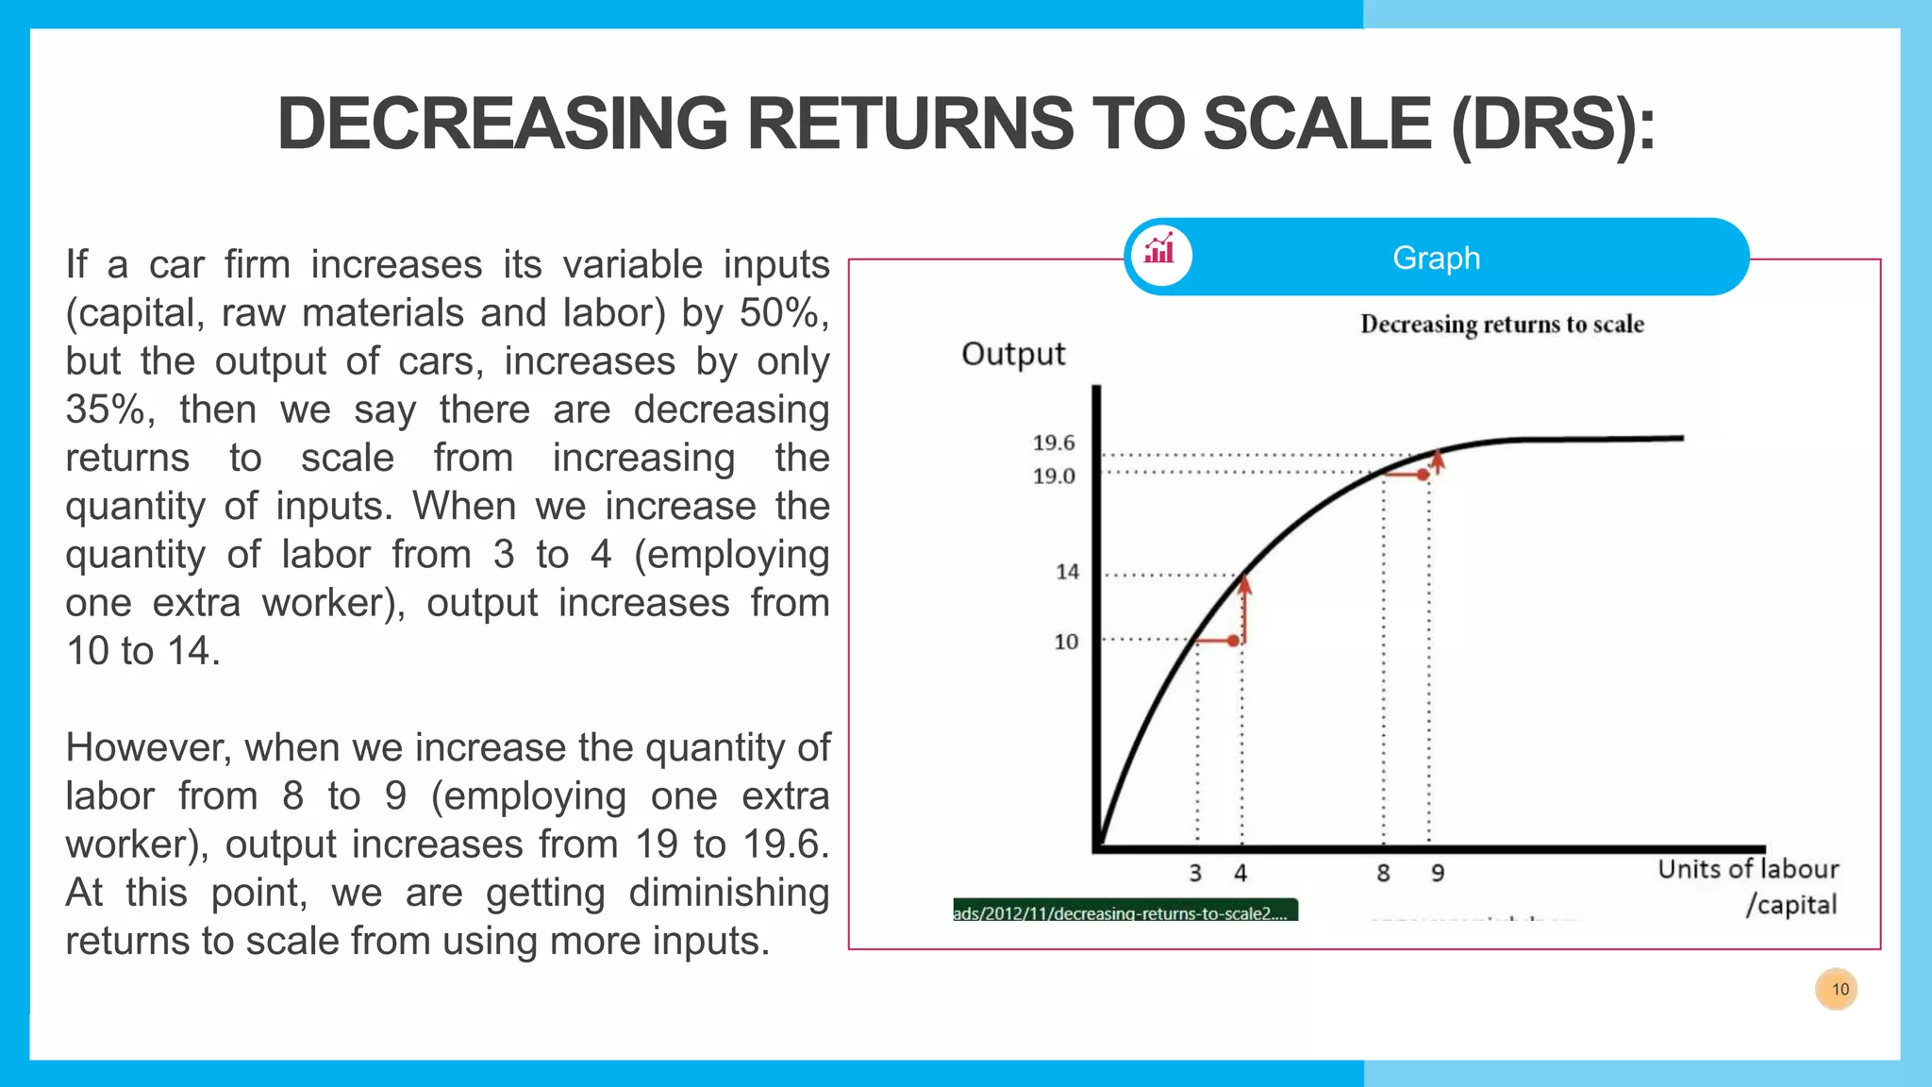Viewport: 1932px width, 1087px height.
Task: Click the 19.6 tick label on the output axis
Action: (1053, 443)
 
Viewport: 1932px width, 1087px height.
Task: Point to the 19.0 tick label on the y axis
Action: (1053, 476)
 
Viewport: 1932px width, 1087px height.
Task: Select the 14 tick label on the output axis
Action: (1066, 572)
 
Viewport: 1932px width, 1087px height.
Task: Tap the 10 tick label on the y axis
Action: (1065, 642)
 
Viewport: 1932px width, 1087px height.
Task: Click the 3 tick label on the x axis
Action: (1195, 873)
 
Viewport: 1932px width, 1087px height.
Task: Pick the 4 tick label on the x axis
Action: (1241, 873)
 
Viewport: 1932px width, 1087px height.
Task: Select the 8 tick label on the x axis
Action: (1383, 873)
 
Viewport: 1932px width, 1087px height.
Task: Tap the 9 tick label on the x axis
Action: (1437, 873)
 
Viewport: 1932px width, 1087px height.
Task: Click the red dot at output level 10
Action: (1233, 641)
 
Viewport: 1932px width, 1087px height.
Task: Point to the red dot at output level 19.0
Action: (1423, 475)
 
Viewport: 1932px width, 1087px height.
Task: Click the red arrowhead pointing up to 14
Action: (1245, 585)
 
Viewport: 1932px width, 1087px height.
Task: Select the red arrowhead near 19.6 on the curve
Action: (1437, 460)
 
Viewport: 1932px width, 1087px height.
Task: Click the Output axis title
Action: (1012, 354)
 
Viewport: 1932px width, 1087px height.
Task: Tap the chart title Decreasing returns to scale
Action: (1502, 325)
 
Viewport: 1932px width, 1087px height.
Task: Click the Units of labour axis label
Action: (1748, 869)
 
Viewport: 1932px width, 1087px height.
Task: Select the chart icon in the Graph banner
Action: (1159, 252)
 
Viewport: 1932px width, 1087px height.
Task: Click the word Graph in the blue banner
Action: (1436, 258)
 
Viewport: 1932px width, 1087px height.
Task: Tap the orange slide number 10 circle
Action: (1836, 989)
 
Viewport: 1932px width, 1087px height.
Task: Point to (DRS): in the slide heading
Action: (1553, 125)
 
